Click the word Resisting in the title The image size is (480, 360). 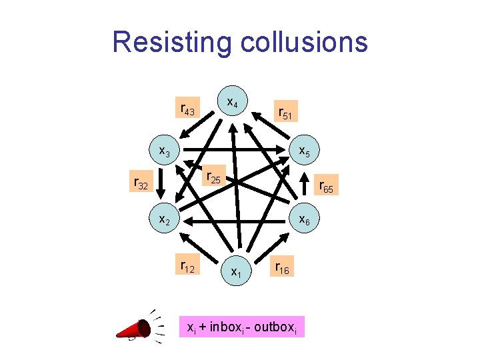pyautogui.click(x=170, y=41)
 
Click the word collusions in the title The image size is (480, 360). pyautogui.click(x=300, y=41)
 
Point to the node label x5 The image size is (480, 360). pyautogui.click(x=304, y=152)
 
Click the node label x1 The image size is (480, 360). pyautogui.click(x=236, y=271)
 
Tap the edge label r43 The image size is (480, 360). pyautogui.click(x=187, y=109)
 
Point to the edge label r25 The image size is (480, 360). pyautogui.click(x=214, y=177)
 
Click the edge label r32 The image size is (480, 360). pyautogui.click(x=141, y=183)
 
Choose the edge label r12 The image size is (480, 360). pyautogui.click(x=187, y=267)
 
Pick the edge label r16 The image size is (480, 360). pyautogui.click(x=280, y=267)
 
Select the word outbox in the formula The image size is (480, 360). pyautogui.click(x=277, y=327)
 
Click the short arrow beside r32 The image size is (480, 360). pyautogui.click(x=160, y=183)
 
